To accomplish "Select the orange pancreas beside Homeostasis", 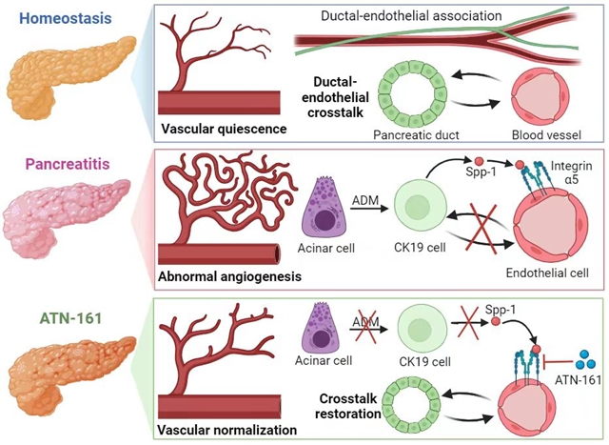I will pos(53,72).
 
